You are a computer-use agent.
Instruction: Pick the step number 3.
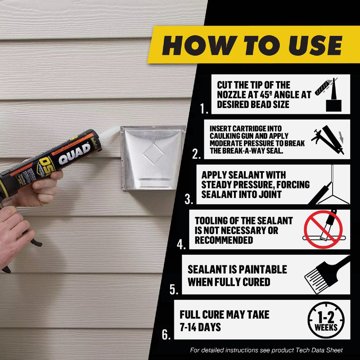[189, 199]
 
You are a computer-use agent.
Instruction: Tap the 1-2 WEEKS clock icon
[326, 320]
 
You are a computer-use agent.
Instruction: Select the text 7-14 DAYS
[200, 327]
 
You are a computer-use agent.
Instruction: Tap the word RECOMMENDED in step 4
[224, 240]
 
